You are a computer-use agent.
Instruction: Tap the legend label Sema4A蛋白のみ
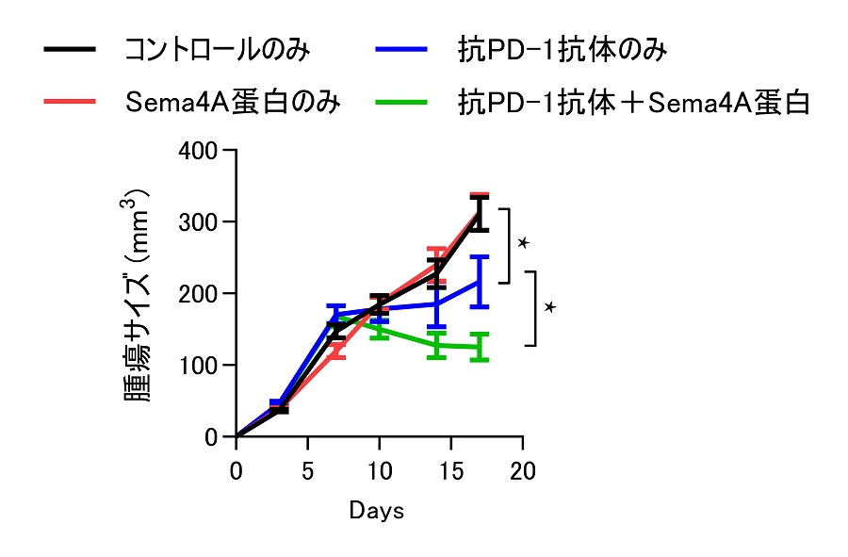234,102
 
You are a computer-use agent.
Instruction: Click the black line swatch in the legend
70,50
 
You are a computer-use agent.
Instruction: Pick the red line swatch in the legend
70,102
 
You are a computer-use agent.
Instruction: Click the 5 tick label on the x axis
308,470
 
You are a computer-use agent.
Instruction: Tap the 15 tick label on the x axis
451,470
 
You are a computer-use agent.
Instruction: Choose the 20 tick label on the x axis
523,470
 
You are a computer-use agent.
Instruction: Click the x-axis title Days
377,511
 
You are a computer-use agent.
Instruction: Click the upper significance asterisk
523,243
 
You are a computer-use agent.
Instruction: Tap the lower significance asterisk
550,307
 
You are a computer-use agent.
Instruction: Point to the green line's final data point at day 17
481,347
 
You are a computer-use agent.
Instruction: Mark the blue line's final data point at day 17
481,281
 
